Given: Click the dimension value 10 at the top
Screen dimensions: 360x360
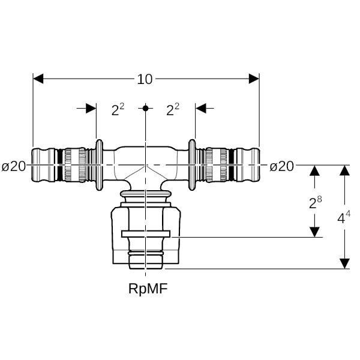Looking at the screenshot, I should coord(145,79).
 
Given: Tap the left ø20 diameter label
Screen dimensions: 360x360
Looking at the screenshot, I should coord(14,166).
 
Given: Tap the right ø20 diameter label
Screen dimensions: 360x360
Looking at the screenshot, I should coord(281,166).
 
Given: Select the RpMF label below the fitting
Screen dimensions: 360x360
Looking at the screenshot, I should coord(148,289).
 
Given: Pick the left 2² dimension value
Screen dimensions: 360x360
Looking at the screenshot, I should coord(118,109).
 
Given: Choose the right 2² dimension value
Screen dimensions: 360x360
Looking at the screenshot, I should coord(173,109).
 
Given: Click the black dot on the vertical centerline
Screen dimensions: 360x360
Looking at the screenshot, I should coord(145,108).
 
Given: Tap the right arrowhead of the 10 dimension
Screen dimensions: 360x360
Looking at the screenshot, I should coord(254,79).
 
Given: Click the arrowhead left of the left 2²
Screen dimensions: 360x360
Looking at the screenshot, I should coord(91,108).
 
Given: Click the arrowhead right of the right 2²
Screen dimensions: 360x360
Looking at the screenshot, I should coord(201,108).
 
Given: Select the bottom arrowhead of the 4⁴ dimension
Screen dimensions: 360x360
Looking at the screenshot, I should coord(344,263).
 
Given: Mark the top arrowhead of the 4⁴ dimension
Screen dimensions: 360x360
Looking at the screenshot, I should coord(344,171).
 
